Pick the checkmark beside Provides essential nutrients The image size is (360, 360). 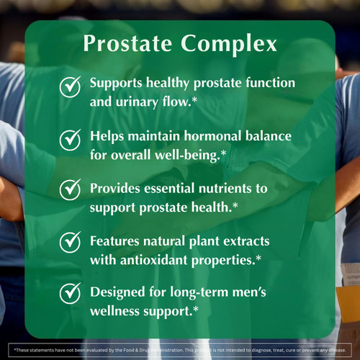pos(70,190)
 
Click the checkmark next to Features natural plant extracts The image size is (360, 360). pos(70,242)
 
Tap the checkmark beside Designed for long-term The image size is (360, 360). pos(70,294)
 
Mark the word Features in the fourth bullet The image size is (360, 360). pos(117,240)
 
